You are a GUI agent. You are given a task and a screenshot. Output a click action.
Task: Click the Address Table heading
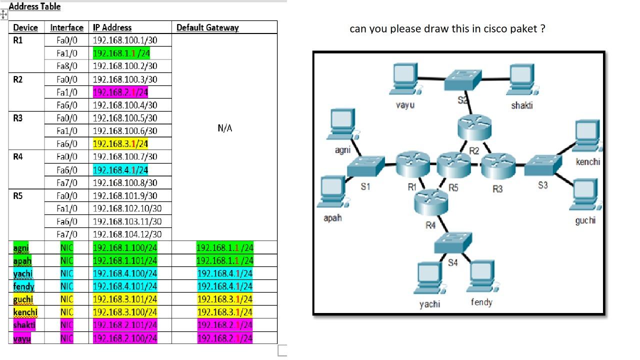click(34, 6)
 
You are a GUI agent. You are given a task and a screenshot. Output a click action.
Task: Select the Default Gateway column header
click(207, 27)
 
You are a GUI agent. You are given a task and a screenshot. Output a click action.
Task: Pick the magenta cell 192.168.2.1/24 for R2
click(120, 92)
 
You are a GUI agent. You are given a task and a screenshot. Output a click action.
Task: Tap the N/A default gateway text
click(224, 128)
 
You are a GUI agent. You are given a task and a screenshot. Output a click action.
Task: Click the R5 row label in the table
click(18, 195)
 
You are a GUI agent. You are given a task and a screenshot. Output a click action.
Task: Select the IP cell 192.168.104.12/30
click(127, 234)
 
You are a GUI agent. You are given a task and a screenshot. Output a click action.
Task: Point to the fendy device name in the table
click(24, 286)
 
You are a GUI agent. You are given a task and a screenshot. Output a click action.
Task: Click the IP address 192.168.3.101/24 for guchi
click(125, 299)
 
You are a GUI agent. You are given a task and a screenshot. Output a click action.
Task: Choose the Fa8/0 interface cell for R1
click(67, 66)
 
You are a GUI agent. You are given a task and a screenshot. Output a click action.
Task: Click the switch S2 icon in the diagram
click(463, 77)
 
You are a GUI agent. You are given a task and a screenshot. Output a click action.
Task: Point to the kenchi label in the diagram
click(587, 161)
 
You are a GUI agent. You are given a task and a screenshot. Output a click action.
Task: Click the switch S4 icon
click(452, 242)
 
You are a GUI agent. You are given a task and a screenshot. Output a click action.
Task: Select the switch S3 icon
click(543, 165)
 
